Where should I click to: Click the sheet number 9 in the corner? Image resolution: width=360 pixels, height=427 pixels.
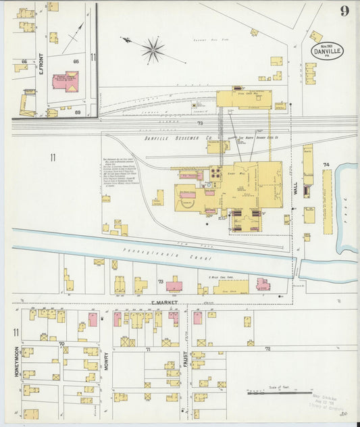point(344,10)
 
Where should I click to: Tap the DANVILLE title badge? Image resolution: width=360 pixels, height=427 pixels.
point(328,50)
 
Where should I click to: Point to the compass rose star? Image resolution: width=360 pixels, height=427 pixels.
point(153,49)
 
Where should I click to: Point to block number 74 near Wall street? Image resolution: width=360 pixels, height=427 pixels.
point(326,164)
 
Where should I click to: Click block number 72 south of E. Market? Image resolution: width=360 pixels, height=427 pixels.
point(267,349)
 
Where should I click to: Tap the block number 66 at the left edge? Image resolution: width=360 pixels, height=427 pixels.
point(24,61)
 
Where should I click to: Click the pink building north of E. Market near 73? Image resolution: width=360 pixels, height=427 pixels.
point(175,284)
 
